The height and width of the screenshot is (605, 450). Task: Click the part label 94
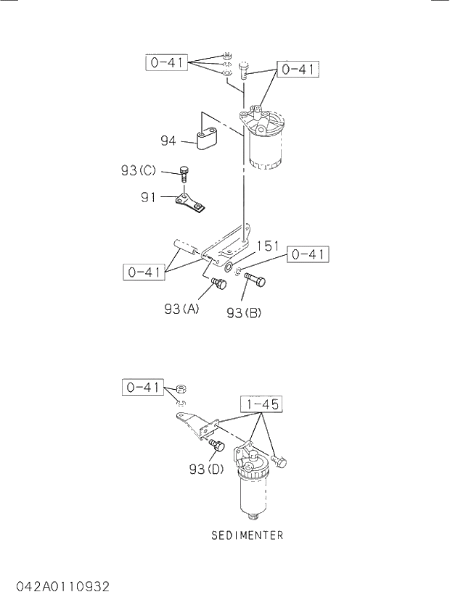click(x=168, y=141)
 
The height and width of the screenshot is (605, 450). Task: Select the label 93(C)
click(x=138, y=171)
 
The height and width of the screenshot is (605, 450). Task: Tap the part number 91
click(x=149, y=196)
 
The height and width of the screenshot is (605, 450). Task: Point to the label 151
click(x=268, y=246)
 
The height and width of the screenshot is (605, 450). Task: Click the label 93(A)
click(x=181, y=309)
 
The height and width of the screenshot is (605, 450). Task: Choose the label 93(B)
click(x=243, y=313)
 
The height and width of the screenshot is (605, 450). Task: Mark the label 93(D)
click(x=205, y=469)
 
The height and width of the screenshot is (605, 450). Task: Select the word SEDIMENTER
click(x=247, y=536)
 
